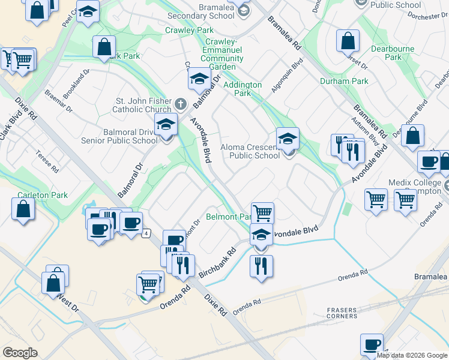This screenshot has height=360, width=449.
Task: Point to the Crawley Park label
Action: pos(190,30)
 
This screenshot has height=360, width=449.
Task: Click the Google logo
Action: pos(20,353)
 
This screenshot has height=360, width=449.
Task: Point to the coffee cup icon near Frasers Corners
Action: pos(372,344)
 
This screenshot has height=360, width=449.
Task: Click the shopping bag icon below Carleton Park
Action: pos(23,209)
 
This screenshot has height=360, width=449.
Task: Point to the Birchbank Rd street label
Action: pos(220,259)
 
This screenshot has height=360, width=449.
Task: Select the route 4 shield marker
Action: pos(146,233)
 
